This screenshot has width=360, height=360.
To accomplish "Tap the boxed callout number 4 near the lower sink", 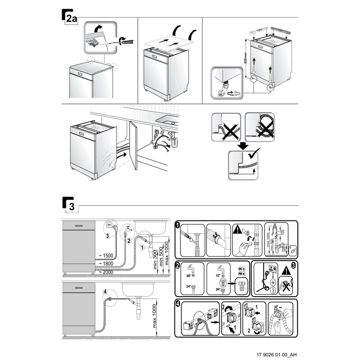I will tap(105, 292).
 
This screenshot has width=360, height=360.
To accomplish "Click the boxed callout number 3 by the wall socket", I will tap(107, 235).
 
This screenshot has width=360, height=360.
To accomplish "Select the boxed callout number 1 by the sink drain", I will tap(142, 247).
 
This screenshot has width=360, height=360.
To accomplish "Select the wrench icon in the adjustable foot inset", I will tap(220, 93).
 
